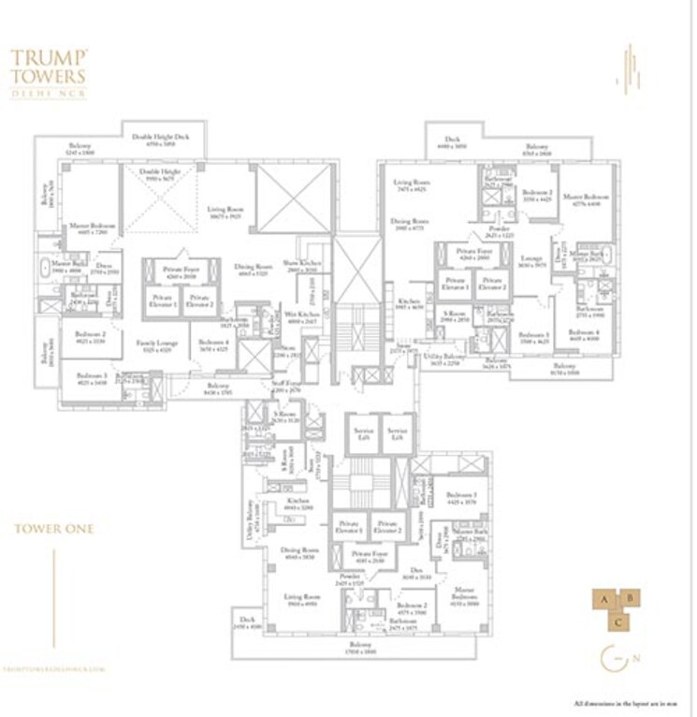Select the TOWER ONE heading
click(53, 528)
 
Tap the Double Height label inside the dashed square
click(160, 173)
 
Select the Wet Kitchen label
click(302, 315)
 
